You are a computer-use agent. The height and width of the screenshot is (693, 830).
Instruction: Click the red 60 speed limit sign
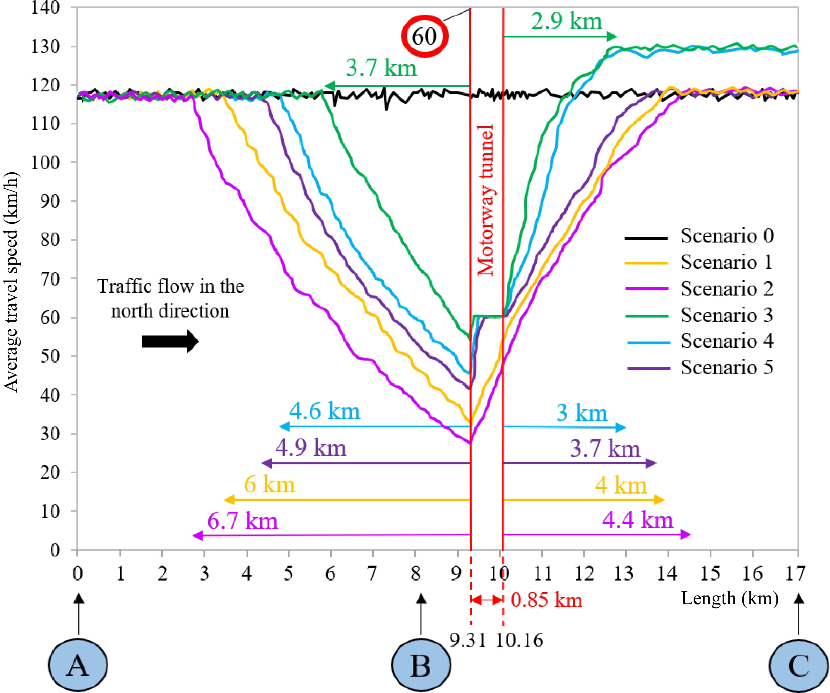coord(425,36)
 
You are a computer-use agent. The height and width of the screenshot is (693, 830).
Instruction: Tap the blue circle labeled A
coord(78,665)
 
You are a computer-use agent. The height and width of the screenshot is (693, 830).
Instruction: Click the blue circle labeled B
coord(421,665)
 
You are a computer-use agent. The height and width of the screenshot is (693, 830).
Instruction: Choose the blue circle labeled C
coord(799,665)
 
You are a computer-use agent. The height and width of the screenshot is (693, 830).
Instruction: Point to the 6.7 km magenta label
coord(242,521)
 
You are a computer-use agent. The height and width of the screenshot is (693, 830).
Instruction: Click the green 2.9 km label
coord(566,21)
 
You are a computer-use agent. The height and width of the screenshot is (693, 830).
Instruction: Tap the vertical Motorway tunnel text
coord(486,200)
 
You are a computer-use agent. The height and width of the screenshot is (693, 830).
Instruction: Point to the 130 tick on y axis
coord(45,47)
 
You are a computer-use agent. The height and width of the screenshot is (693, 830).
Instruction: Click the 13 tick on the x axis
coord(623,573)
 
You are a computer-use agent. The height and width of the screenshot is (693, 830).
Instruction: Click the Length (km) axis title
coord(729,598)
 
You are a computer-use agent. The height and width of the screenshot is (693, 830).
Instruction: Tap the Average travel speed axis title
coord(11,281)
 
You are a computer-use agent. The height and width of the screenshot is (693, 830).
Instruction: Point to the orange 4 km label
coord(621,485)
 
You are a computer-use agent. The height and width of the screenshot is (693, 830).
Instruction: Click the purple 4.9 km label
coord(311,448)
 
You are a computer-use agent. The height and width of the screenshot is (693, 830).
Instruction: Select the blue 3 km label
coord(582,413)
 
